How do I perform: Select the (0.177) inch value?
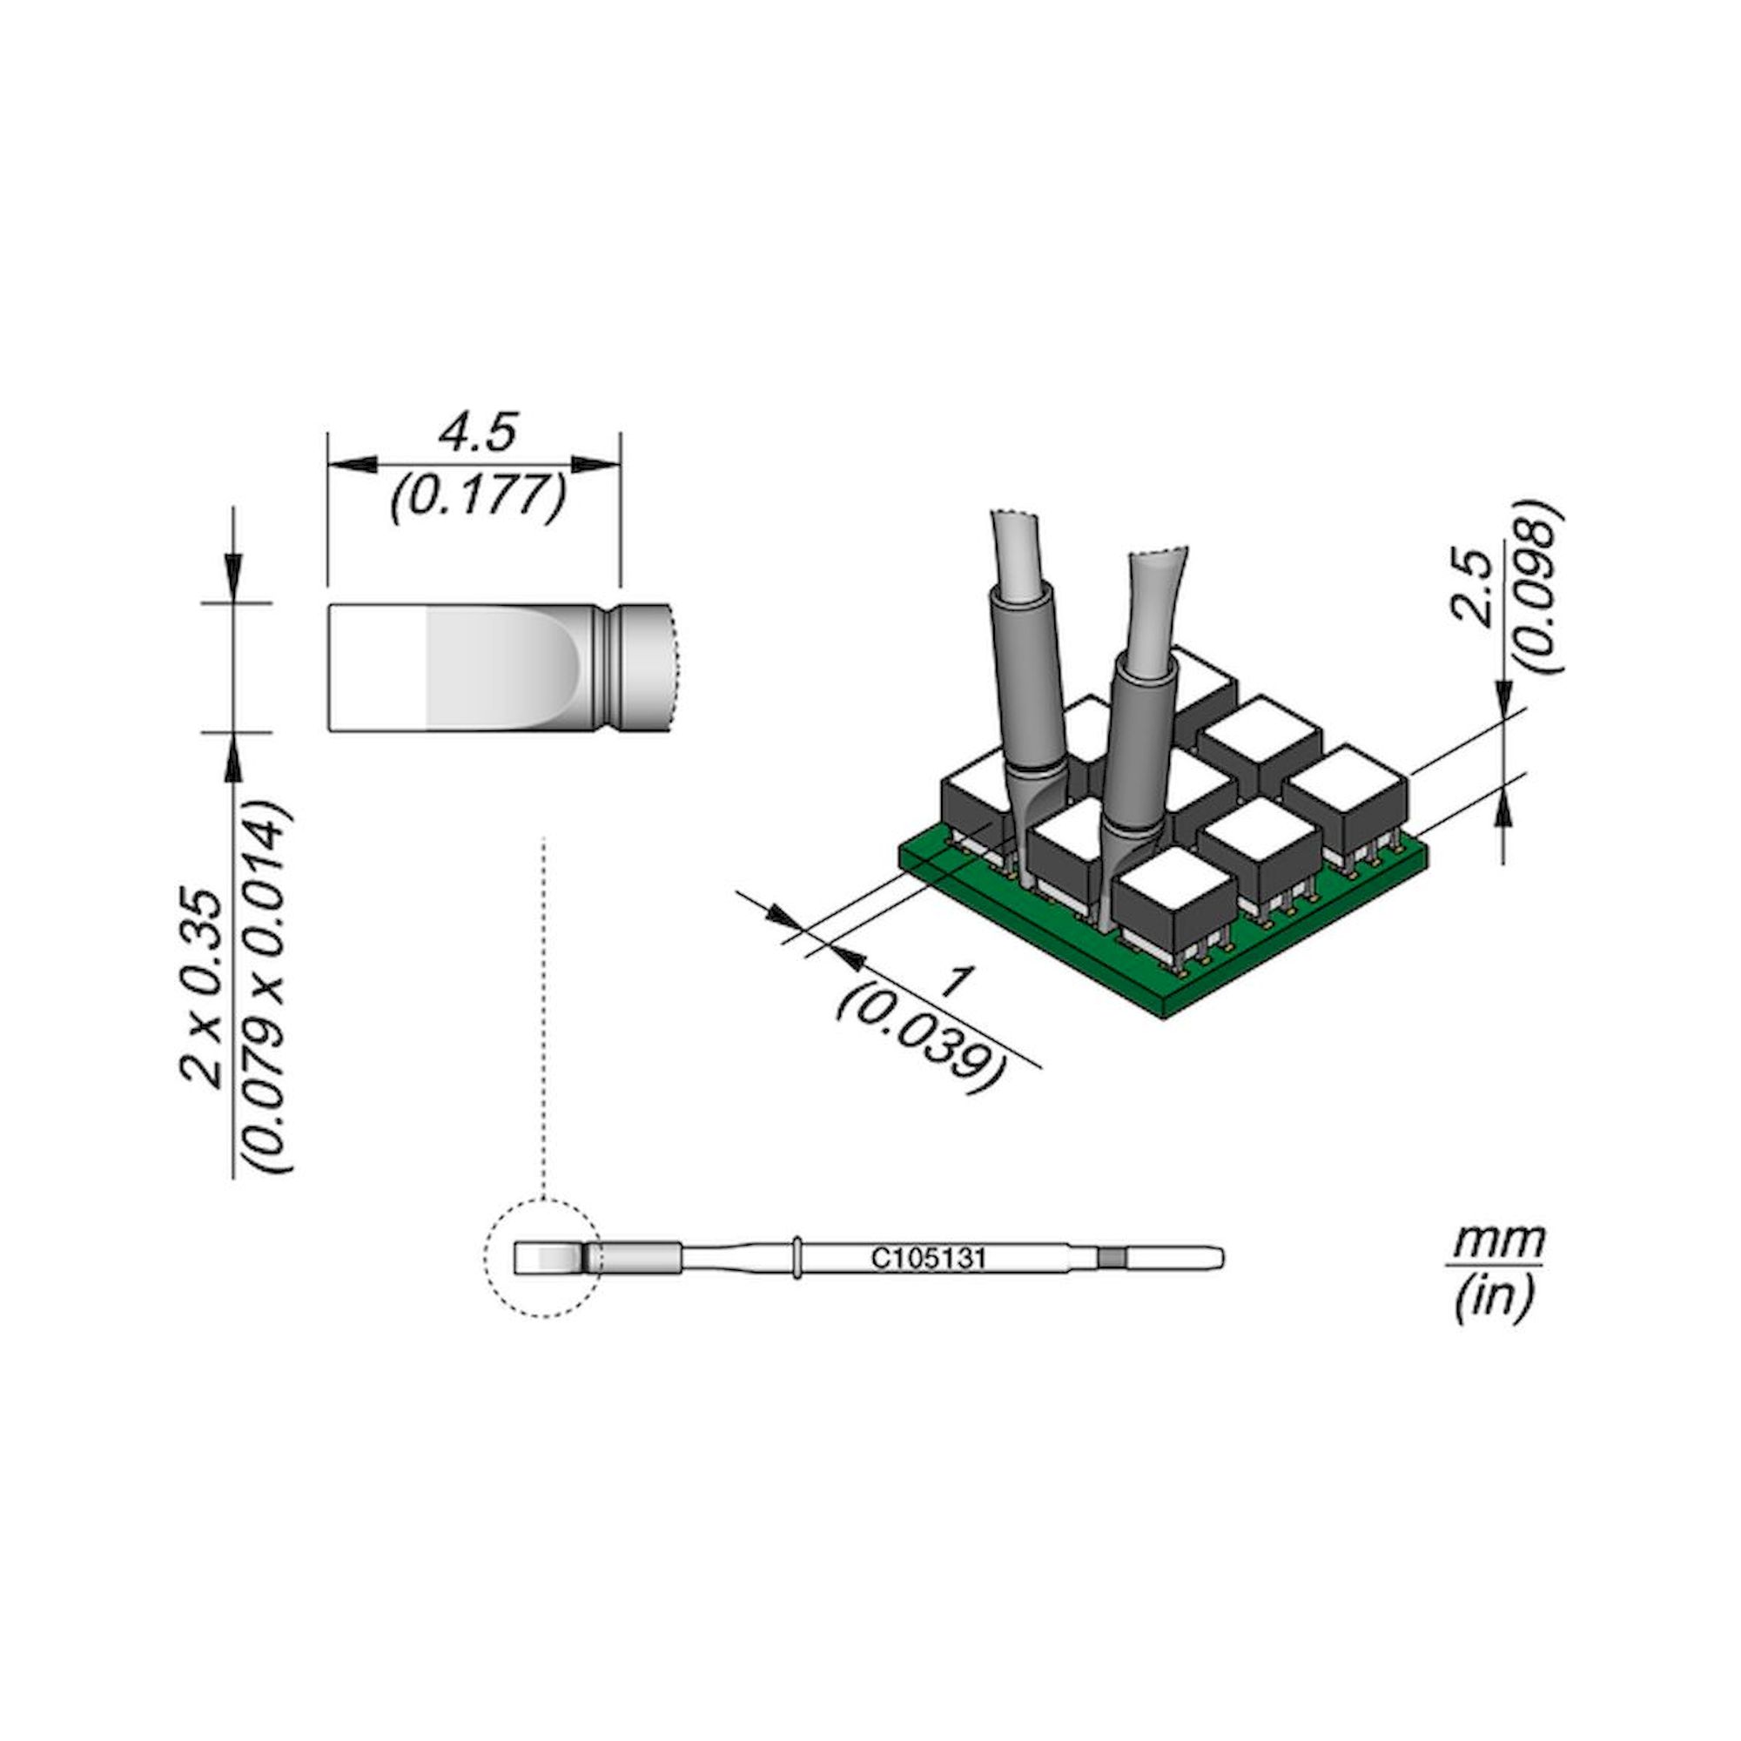478,495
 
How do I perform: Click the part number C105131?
928,1259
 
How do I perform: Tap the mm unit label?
1495,1242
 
